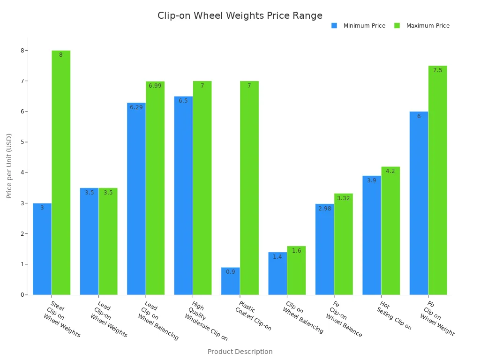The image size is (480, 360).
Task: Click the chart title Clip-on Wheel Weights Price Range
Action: click(x=240, y=15)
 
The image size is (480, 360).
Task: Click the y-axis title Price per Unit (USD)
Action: click(x=9, y=165)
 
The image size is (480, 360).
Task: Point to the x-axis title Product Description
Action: click(x=240, y=352)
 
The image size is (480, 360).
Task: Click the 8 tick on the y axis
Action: click(x=22, y=51)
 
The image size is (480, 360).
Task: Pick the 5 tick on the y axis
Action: click(x=22, y=142)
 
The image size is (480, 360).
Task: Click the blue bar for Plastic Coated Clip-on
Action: click(x=230, y=281)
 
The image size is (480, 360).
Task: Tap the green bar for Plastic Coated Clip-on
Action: click(x=249, y=187)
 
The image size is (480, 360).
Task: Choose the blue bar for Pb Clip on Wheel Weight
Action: click(x=419, y=203)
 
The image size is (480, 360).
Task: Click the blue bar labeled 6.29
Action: click(x=136, y=199)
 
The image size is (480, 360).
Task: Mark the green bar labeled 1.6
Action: click(x=296, y=270)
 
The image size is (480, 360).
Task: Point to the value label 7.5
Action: click(x=437, y=70)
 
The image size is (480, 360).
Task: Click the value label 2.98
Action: click(x=324, y=209)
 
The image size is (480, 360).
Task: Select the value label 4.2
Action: click(x=390, y=171)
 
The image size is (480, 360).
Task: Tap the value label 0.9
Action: click(x=230, y=272)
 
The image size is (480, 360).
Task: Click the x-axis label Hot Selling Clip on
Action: click(x=394, y=316)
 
